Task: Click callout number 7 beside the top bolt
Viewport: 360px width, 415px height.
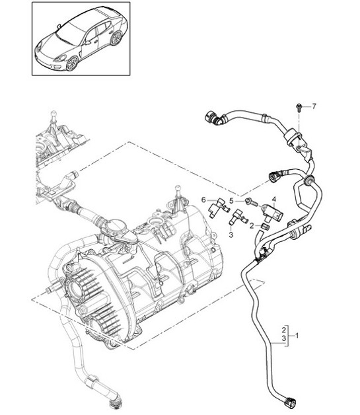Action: coord(314,106)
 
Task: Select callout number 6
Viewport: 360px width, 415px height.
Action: coord(203,199)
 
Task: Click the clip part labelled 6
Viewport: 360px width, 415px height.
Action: coord(215,209)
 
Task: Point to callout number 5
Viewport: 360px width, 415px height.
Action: coord(232,200)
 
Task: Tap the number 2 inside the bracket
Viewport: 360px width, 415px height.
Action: coord(283,329)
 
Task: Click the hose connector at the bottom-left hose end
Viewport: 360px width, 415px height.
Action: coord(116,402)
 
